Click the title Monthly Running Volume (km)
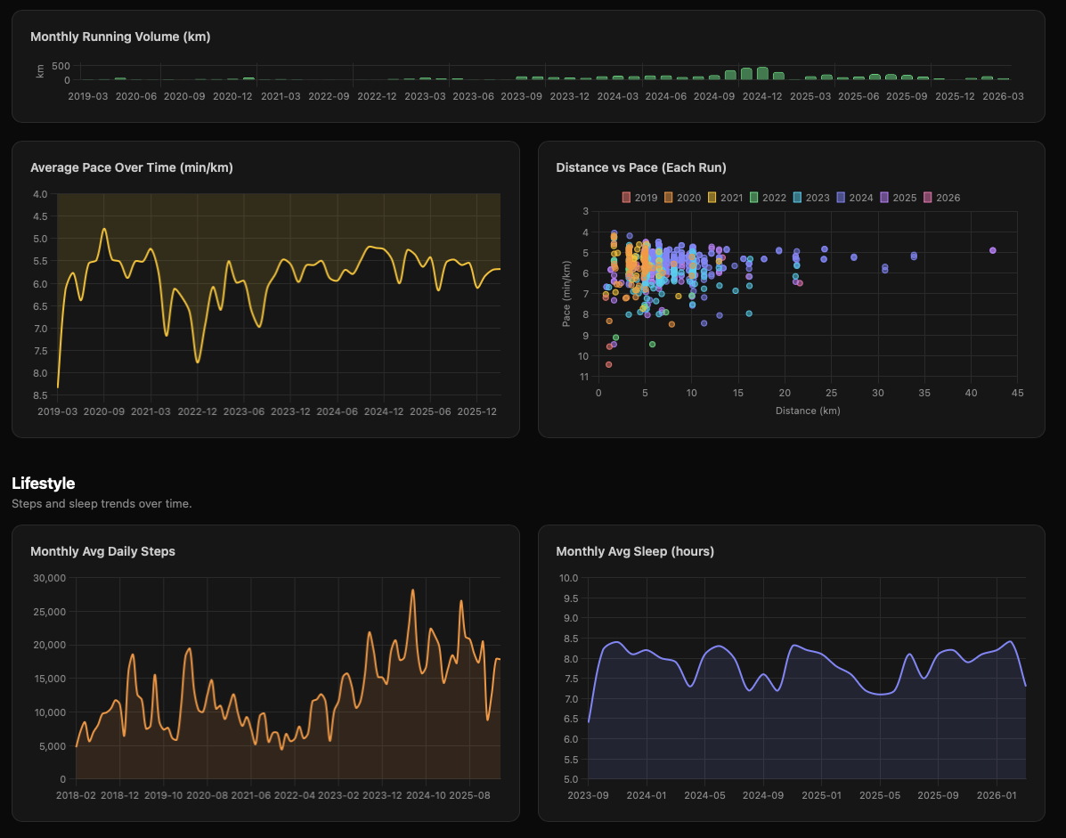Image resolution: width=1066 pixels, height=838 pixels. click(120, 37)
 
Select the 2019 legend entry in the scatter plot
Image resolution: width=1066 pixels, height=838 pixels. click(639, 198)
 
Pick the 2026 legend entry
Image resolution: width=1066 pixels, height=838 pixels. click(942, 198)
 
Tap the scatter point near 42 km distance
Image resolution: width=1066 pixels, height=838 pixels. click(992, 250)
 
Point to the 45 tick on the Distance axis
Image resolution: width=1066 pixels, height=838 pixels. click(1017, 394)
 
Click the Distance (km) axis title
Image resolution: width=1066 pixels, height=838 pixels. click(807, 411)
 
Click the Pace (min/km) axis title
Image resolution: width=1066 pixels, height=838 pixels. click(566, 294)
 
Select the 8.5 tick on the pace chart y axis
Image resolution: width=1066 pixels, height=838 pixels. click(39, 395)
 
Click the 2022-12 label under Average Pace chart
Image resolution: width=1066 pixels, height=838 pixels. click(197, 411)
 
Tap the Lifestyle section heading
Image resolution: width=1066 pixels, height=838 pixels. click(43, 484)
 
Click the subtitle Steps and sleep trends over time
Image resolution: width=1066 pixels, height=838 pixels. click(102, 503)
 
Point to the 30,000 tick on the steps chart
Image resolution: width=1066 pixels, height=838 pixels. click(49, 578)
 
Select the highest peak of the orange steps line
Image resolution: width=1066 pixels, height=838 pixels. click(412, 590)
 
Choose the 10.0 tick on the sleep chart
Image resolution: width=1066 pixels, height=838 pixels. click(568, 578)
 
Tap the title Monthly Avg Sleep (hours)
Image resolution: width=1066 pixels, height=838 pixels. click(634, 551)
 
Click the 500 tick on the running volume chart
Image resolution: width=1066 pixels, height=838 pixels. click(61, 66)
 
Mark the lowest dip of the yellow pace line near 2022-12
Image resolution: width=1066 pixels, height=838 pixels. click(198, 362)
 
